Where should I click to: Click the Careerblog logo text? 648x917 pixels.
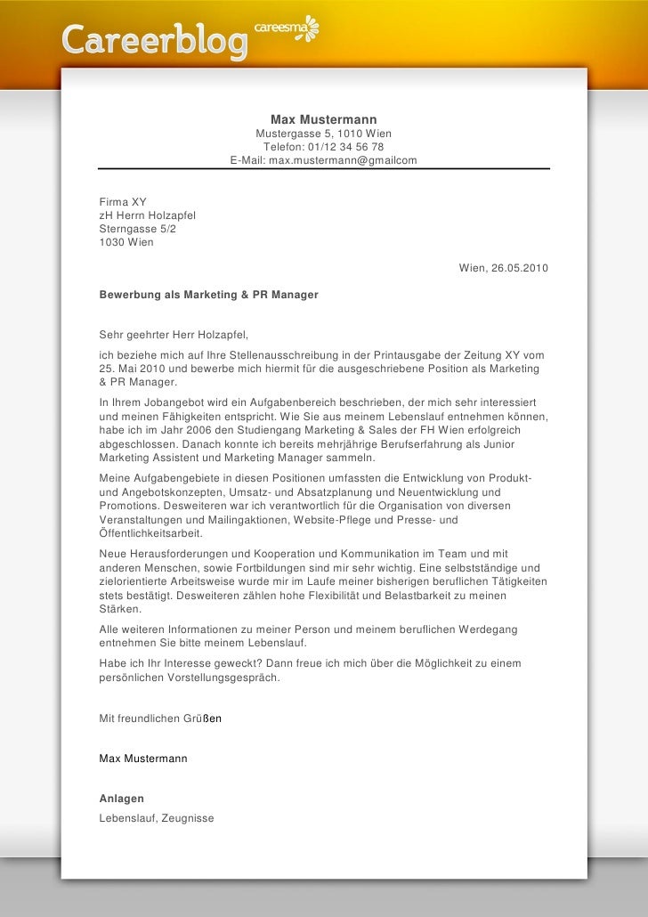153,40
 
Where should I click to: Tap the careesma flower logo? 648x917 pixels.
309,28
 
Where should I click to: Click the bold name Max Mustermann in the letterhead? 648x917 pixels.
323,119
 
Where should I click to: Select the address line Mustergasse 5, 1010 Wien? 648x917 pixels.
323,134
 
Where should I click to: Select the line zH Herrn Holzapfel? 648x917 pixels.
147,215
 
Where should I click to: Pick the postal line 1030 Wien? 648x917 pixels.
126,242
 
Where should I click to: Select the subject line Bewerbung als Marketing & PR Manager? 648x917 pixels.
208,293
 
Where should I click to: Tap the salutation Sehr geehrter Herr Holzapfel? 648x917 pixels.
174,335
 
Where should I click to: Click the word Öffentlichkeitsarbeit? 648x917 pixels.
150,533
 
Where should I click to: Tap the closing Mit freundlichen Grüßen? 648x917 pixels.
160,718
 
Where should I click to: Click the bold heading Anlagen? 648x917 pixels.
121,799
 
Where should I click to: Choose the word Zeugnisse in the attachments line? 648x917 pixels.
188,817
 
